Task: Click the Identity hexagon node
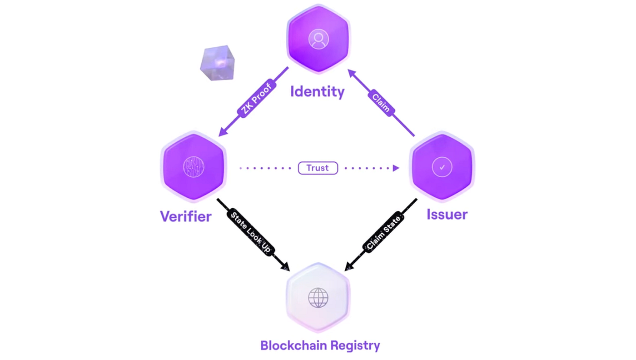tap(318, 39)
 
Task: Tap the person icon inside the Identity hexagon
tap(318, 39)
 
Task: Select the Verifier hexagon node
tap(194, 167)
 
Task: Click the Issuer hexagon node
tap(442, 167)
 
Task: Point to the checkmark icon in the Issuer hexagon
tap(442, 167)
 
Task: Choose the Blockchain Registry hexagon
tap(318, 298)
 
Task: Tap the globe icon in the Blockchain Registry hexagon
tap(318, 298)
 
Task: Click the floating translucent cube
tap(218, 63)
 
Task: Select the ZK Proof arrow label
tap(257, 99)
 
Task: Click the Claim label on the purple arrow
tap(381, 103)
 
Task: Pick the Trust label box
tap(318, 168)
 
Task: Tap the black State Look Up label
tap(251, 232)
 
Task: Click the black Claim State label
tap(384, 232)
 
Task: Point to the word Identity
tap(317, 91)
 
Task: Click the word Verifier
tap(185, 216)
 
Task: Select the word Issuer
tap(447, 214)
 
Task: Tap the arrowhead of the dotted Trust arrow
tap(396, 168)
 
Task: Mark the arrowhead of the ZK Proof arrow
tap(223, 132)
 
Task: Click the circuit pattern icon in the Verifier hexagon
tap(194, 167)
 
